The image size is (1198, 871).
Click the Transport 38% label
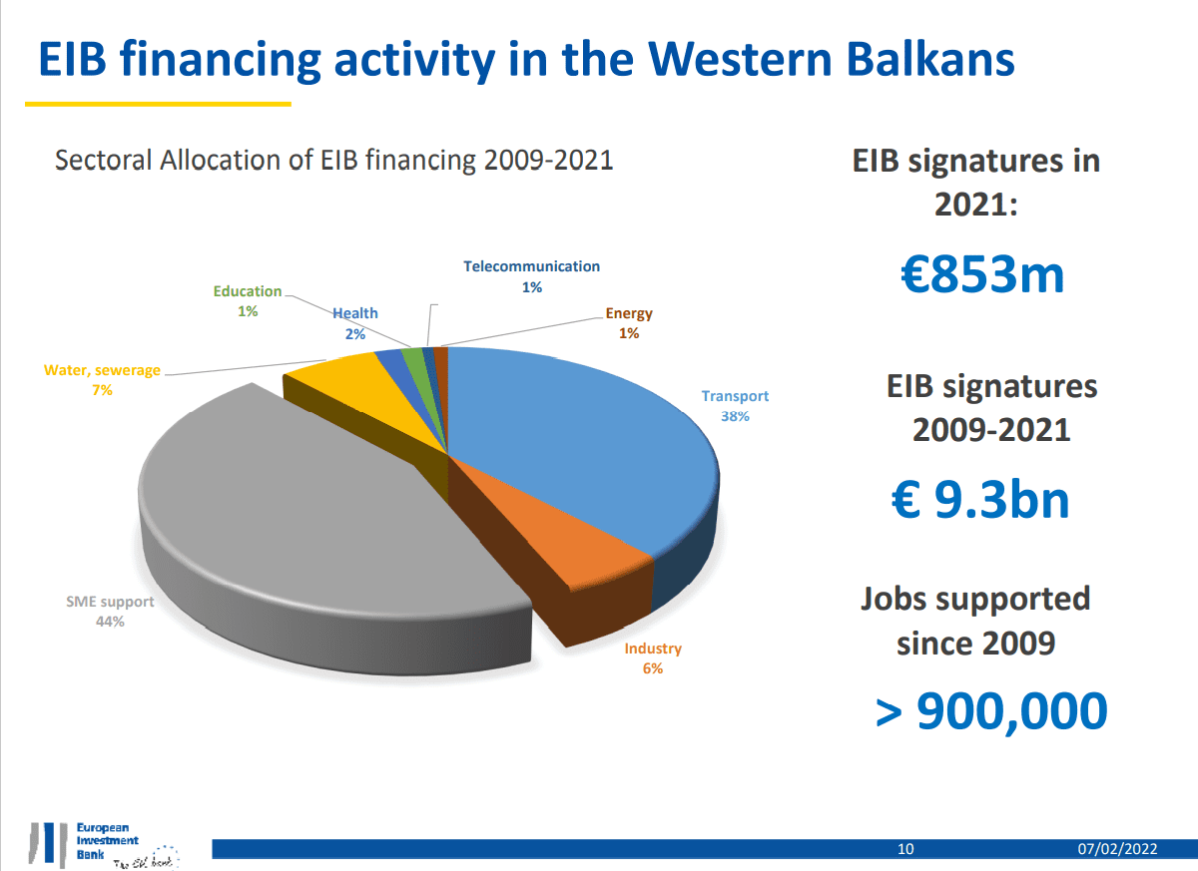tap(735, 406)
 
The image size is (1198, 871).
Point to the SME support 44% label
tap(110, 612)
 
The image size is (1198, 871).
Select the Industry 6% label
tap(653, 658)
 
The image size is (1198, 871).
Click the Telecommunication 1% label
tap(531, 276)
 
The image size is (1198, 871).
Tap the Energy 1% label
tap(629, 323)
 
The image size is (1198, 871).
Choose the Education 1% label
tap(248, 301)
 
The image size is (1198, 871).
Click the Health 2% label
tap(355, 323)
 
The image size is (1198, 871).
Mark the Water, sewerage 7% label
tap(102, 380)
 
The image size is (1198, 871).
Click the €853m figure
tap(981, 274)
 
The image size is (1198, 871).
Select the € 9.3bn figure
tap(979, 499)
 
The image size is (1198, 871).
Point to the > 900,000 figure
tap(991, 710)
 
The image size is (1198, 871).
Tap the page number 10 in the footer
tap(905, 849)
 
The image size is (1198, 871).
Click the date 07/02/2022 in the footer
tap(1117, 849)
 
